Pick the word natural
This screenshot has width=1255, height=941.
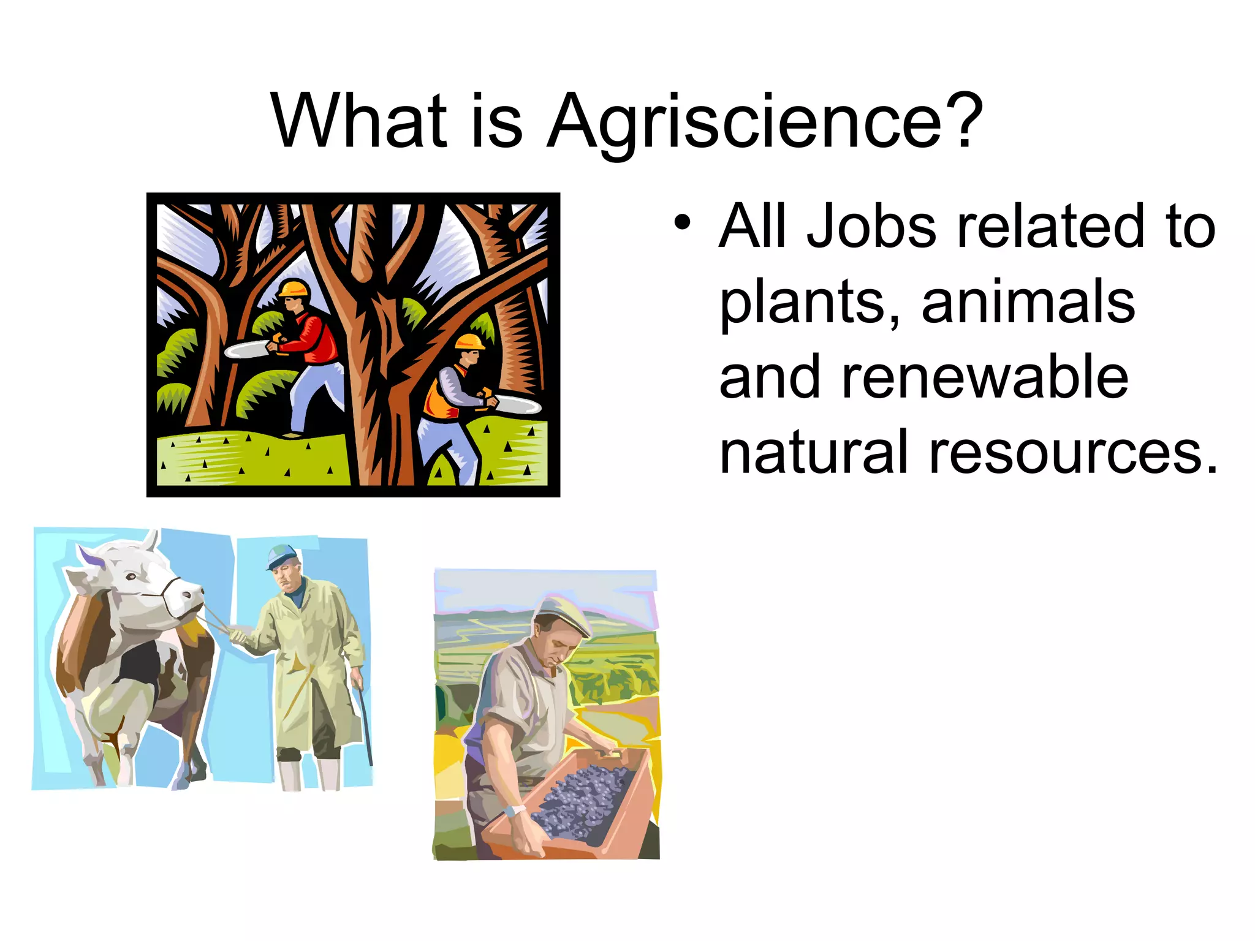pyautogui.click(x=813, y=453)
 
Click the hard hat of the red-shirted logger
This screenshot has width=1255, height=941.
pyautogui.click(x=294, y=289)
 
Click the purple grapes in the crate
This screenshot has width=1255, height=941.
pyautogui.click(x=582, y=803)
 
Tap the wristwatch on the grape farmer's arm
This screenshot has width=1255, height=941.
pyautogui.click(x=514, y=811)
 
